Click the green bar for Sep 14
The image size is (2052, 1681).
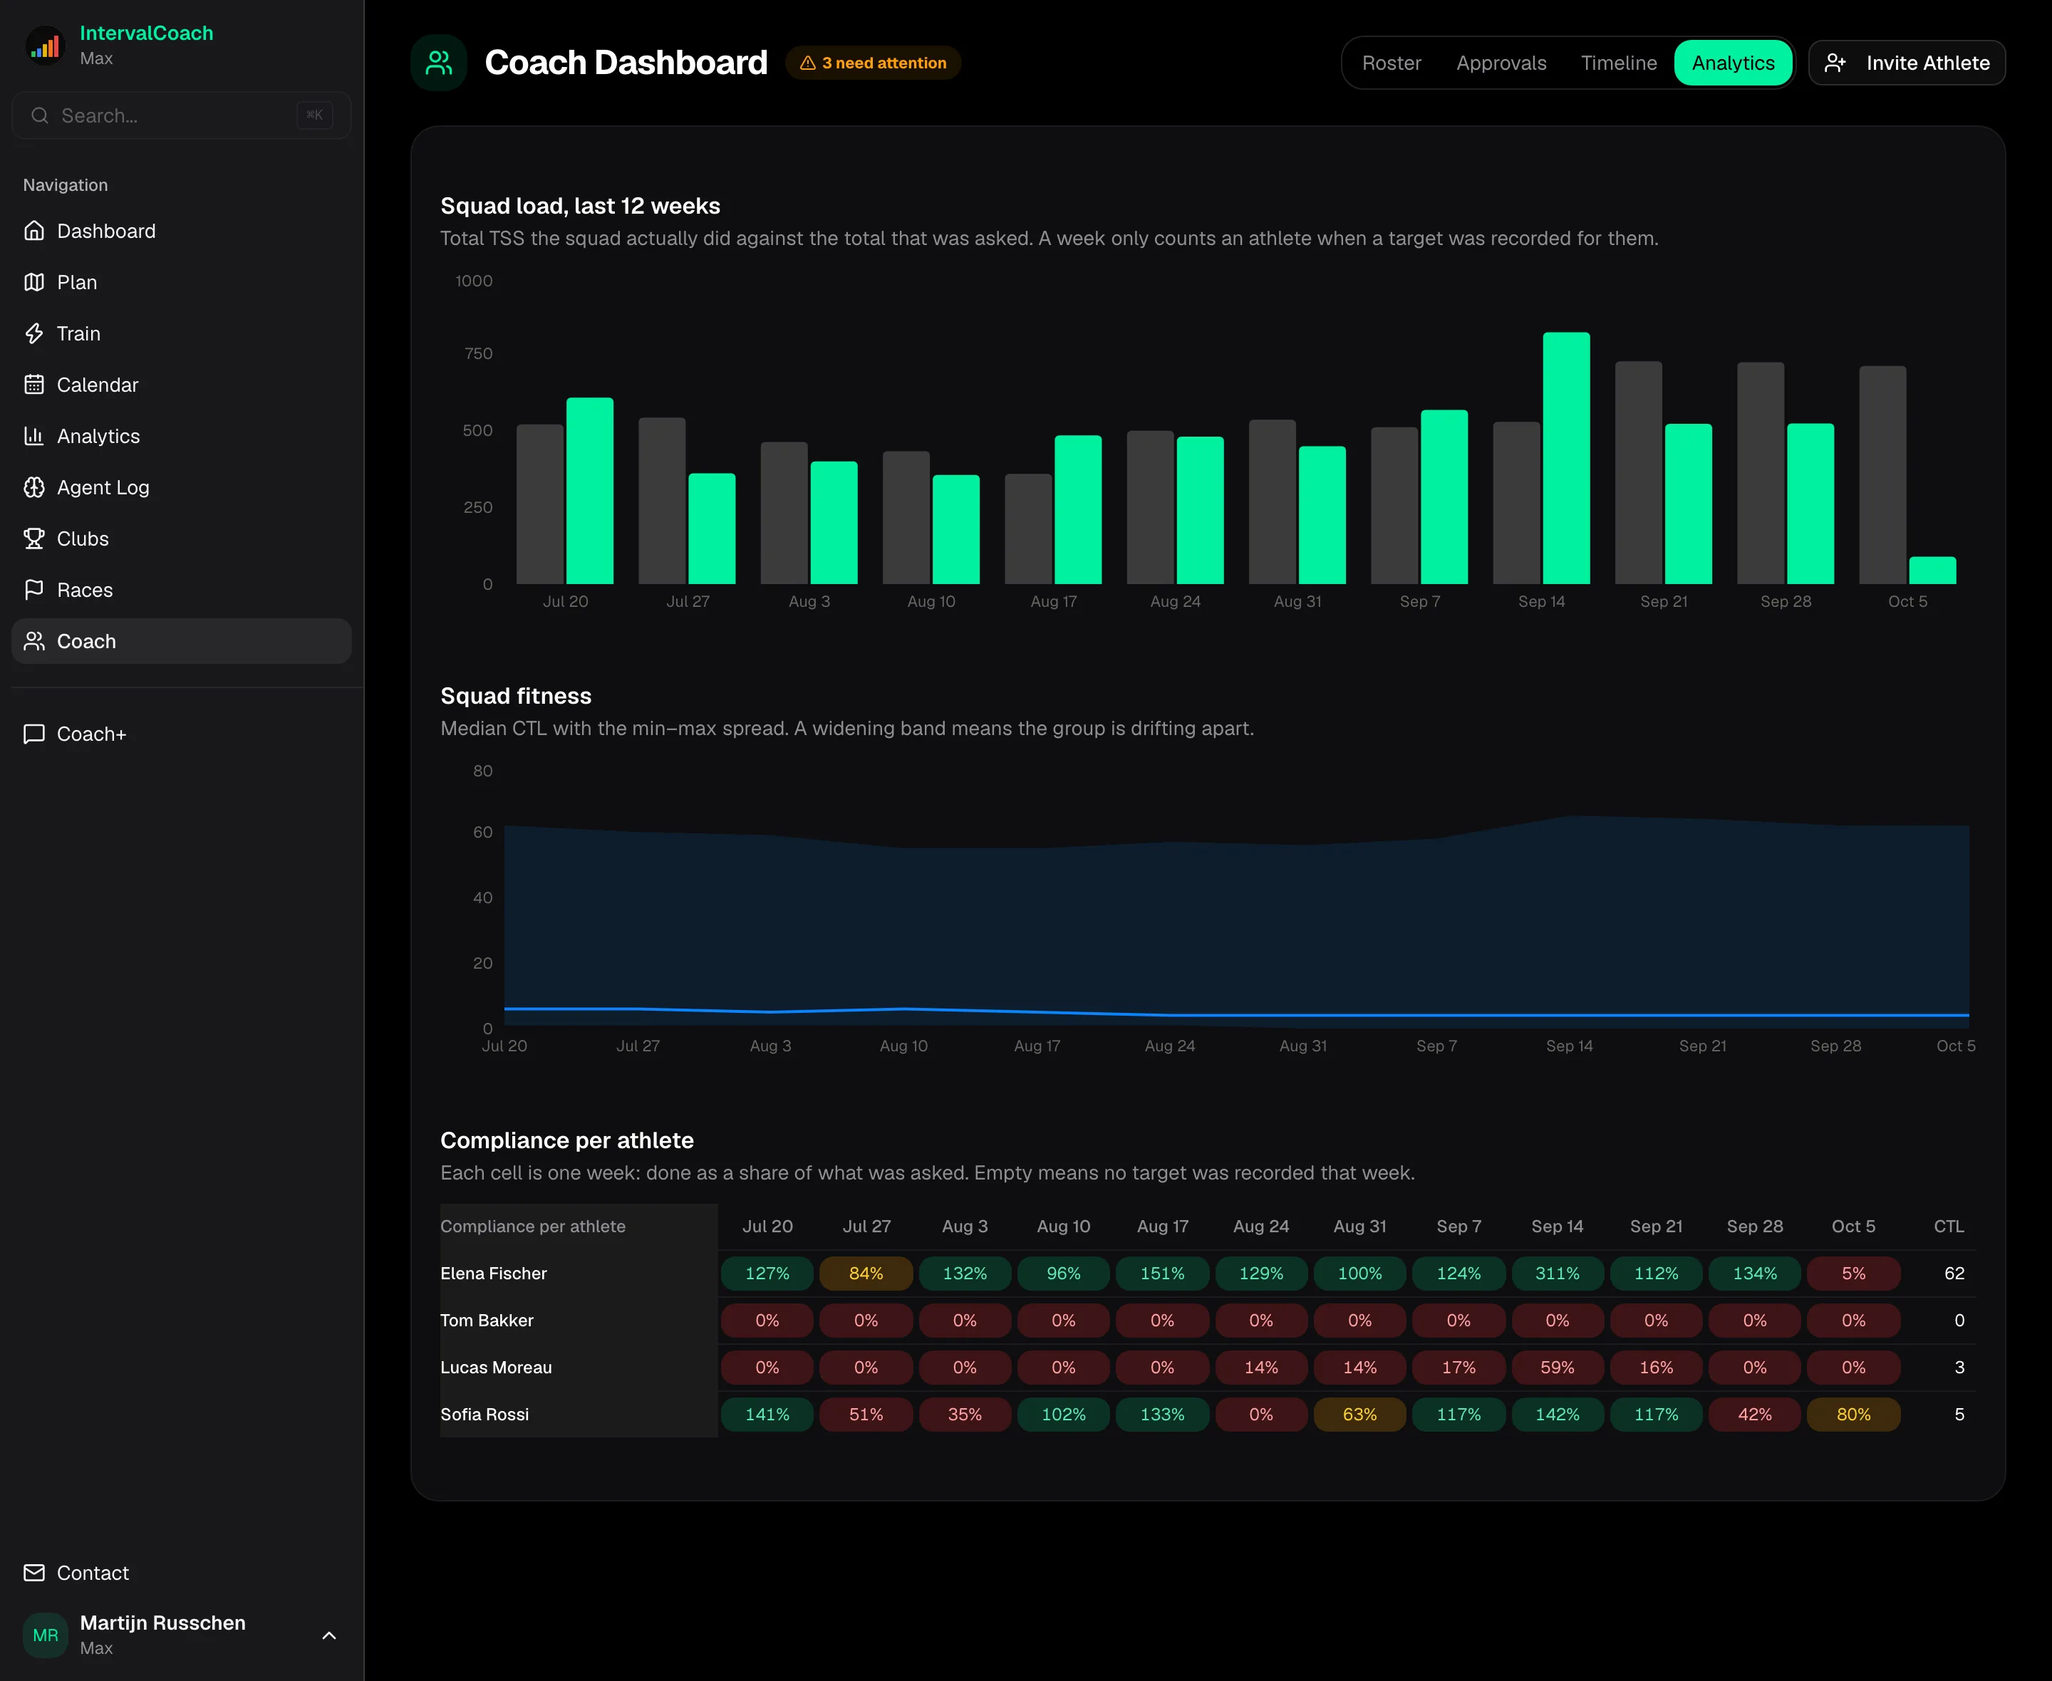[1566, 458]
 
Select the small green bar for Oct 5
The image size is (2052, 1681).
[1932, 571]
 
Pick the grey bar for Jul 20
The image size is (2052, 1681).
[539, 504]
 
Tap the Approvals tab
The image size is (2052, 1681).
[1501, 63]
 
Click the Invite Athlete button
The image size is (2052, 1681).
[1907, 63]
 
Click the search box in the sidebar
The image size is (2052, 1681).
[181, 115]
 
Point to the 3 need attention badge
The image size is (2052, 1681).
[873, 63]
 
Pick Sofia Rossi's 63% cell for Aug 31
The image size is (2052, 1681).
[1359, 1415]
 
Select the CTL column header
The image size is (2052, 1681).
[1949, 1226]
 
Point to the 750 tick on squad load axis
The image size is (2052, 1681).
[478, 353]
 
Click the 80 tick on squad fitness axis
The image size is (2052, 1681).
[482, 771]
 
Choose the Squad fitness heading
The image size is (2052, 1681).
[515, 696]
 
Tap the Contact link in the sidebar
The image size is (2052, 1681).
[92, 1573]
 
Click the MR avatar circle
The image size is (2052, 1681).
[46, 1635]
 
